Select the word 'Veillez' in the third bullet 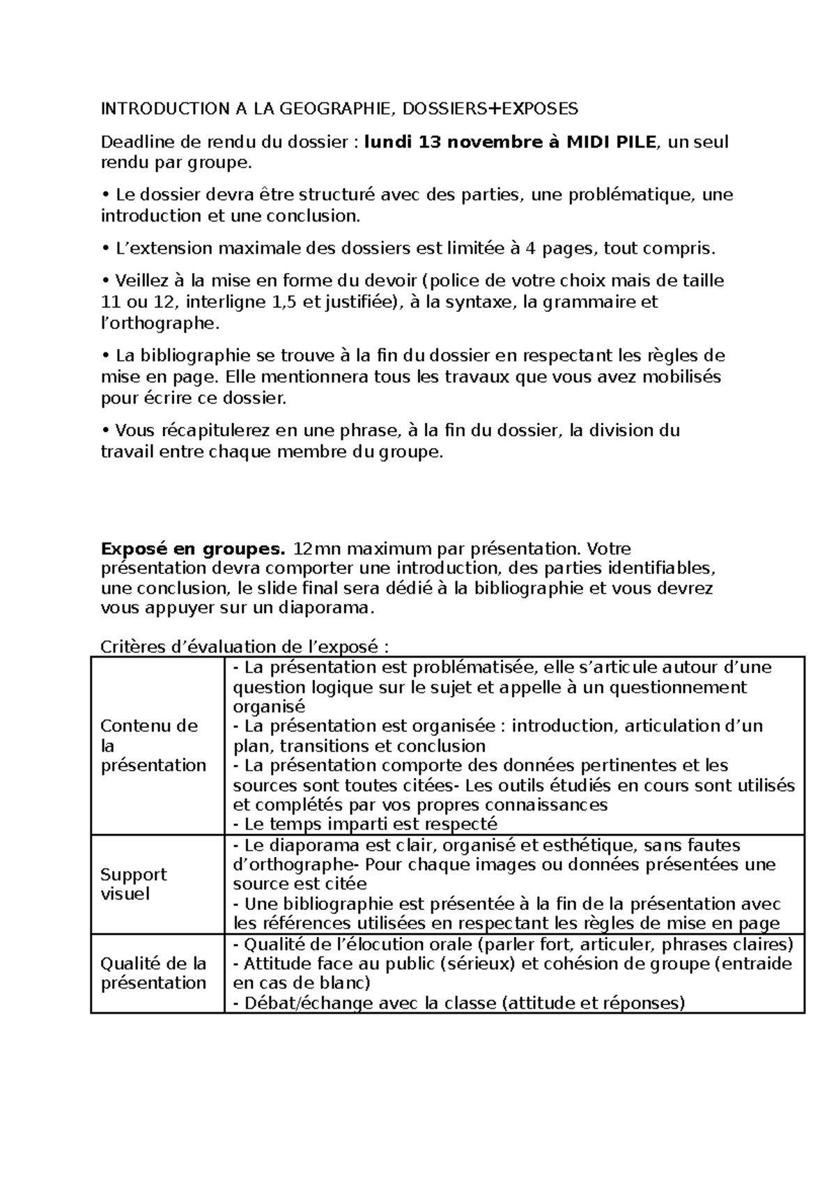(x=139, y=281)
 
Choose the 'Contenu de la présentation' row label (x=153, y=745)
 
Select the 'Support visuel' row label (x=134, y=884)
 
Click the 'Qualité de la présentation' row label (x=153, y=973)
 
